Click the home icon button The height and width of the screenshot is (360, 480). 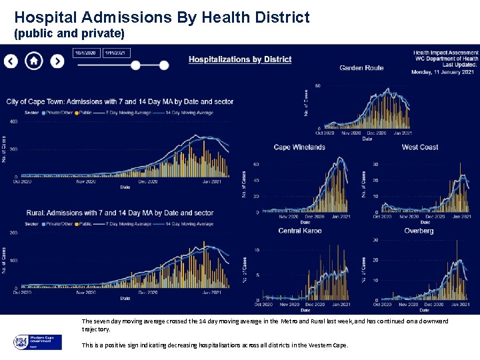point(34,61)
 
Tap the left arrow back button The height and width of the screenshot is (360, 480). point(11,61)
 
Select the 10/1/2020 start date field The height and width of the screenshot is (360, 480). point(86,53)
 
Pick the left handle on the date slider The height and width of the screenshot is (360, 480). point(135,65)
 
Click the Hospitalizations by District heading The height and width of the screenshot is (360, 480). point(240,59)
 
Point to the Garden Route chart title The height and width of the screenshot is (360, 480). point(361,67)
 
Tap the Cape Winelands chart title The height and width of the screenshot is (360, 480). point(299,147)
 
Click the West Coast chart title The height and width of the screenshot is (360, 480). point(419,147)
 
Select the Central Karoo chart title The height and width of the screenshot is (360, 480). point(299,231)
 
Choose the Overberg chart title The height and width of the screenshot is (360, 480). point(418,231)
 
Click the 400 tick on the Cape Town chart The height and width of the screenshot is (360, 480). point(13,122)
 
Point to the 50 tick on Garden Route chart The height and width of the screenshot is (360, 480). point(318,86)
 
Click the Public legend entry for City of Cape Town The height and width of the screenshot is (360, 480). point(83,113)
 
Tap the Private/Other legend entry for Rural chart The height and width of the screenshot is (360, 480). point(58,224)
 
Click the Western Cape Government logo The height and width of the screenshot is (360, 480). point(37,342)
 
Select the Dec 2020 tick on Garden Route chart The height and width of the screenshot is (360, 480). point(377,133)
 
